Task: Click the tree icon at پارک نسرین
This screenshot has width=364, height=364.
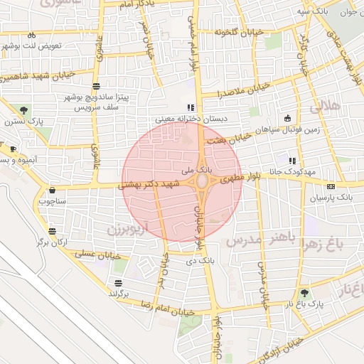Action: pos(26,109)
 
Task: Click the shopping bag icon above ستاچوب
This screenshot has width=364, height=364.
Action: pos(53,191)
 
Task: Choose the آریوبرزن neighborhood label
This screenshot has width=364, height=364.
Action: pos(129,229)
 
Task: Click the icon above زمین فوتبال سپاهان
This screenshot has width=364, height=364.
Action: pos(287,118)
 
